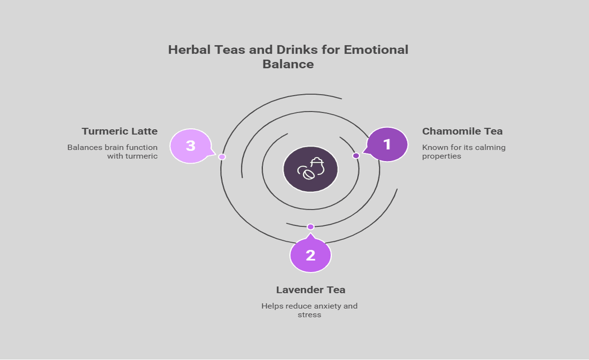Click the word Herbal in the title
pos(189,50)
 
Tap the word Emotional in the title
pos(376,50)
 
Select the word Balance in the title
pos(288,64)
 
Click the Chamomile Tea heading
pos(462,131)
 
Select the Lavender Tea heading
pos(311,290)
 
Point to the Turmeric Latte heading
pos(120,131)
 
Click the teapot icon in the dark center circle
pos(311,169)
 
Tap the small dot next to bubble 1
pos(356,155)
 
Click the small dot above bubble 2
pos(310,227)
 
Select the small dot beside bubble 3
pos(222,156)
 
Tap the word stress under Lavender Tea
pos(309,314)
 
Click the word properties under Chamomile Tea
pos(441,156)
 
